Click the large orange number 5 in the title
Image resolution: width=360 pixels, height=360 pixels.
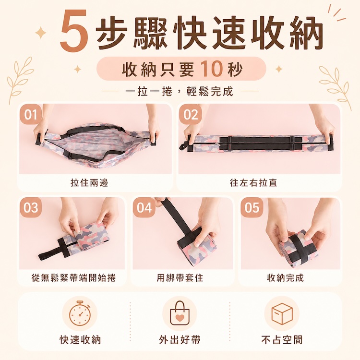74,30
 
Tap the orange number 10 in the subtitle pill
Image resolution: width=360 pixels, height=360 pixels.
212,69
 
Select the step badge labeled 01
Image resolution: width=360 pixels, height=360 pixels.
31,114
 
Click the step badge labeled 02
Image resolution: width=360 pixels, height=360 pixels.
191,114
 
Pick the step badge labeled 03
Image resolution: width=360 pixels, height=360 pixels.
31,207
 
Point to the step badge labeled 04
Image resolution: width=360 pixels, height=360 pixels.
144,207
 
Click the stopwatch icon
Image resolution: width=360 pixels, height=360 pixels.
80,313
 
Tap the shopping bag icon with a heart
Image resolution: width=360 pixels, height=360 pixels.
180,313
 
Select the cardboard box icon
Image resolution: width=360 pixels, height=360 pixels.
282,313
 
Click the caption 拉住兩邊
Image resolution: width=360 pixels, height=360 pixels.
89,183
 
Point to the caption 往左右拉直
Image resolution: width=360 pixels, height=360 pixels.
254,183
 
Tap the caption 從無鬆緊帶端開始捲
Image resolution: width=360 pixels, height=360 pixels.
74,278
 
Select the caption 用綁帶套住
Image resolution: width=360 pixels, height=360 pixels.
180,278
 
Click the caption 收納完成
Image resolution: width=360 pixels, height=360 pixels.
286,278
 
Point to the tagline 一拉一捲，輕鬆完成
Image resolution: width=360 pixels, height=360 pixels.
180,91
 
